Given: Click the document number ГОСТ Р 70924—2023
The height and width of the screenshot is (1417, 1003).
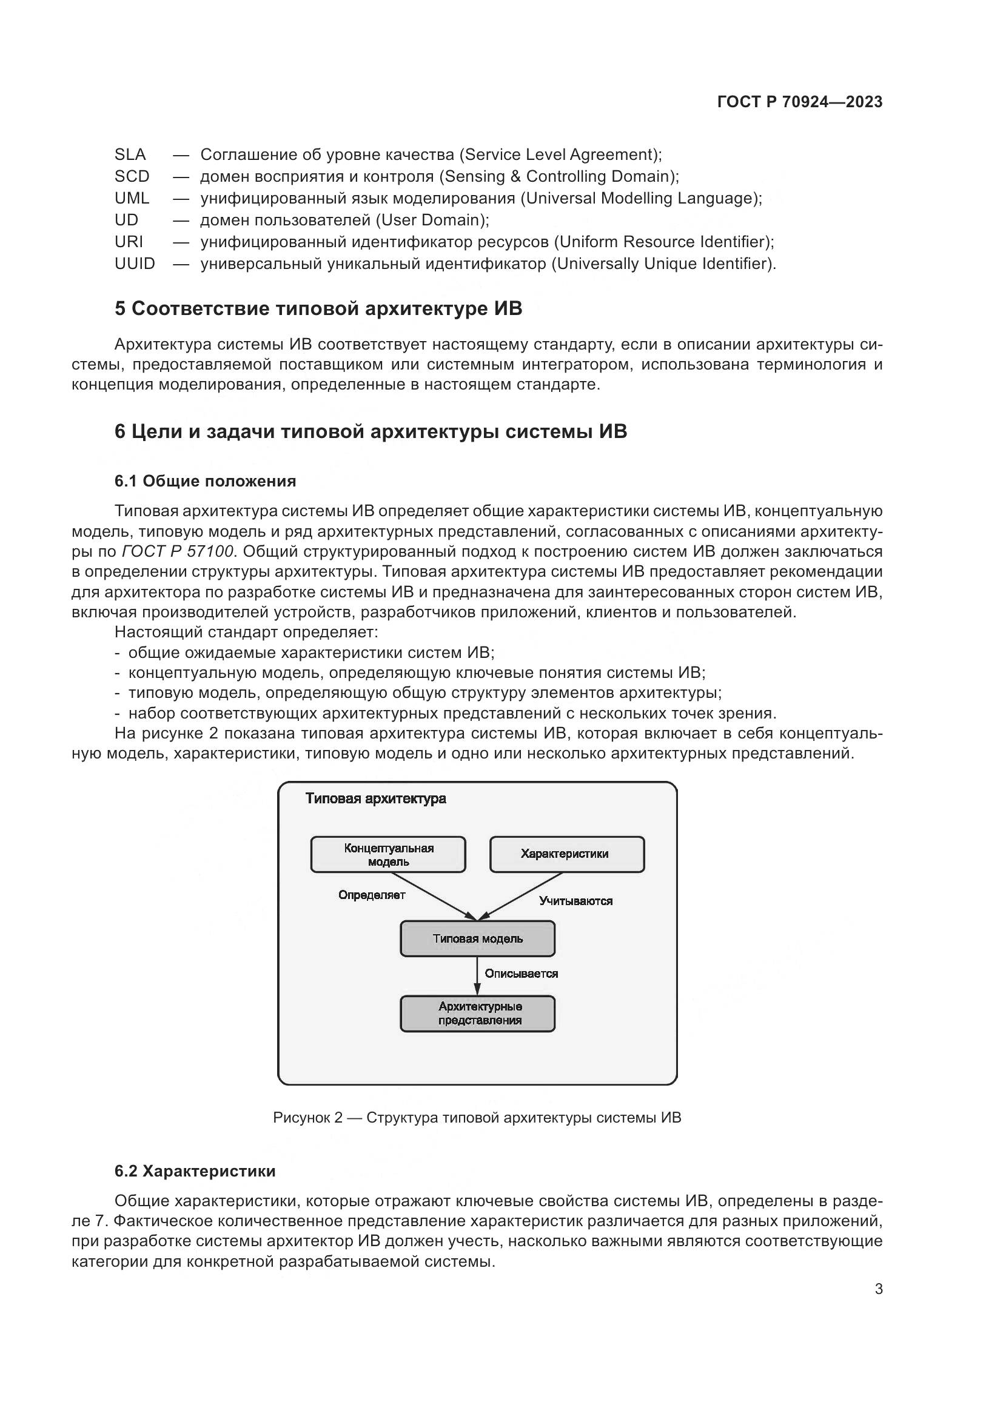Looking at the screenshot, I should [799, 102].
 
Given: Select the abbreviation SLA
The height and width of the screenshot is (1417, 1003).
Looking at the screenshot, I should [130, 154].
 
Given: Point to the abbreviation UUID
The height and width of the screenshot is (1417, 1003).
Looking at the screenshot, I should [135, 264].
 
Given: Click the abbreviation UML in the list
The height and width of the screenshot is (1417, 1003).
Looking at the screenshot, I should [132, 198].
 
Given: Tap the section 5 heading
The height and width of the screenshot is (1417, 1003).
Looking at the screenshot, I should [318, 308].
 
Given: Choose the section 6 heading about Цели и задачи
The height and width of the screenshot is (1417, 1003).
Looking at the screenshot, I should [371, 431].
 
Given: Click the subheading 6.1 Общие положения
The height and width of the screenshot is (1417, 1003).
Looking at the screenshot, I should [205, 481].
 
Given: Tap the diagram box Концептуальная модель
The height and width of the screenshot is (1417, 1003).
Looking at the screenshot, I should [388, 855].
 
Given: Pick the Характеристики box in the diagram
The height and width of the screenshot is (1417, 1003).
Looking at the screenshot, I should [566, 854].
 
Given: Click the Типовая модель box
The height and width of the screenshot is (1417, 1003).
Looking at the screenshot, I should [477, 938].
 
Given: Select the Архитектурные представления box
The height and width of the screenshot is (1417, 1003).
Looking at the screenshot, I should [477, 1014].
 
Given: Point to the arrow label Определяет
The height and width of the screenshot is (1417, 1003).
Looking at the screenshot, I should [372, 895].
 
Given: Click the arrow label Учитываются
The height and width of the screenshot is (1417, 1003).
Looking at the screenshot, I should [575, 901].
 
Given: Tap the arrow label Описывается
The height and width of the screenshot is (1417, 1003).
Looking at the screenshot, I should [522, 974].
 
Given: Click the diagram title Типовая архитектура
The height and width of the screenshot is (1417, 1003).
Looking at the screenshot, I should [375, 798].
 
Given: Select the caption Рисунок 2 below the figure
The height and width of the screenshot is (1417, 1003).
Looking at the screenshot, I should [477, 1118].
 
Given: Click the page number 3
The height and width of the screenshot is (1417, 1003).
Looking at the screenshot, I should [878, 1289].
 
